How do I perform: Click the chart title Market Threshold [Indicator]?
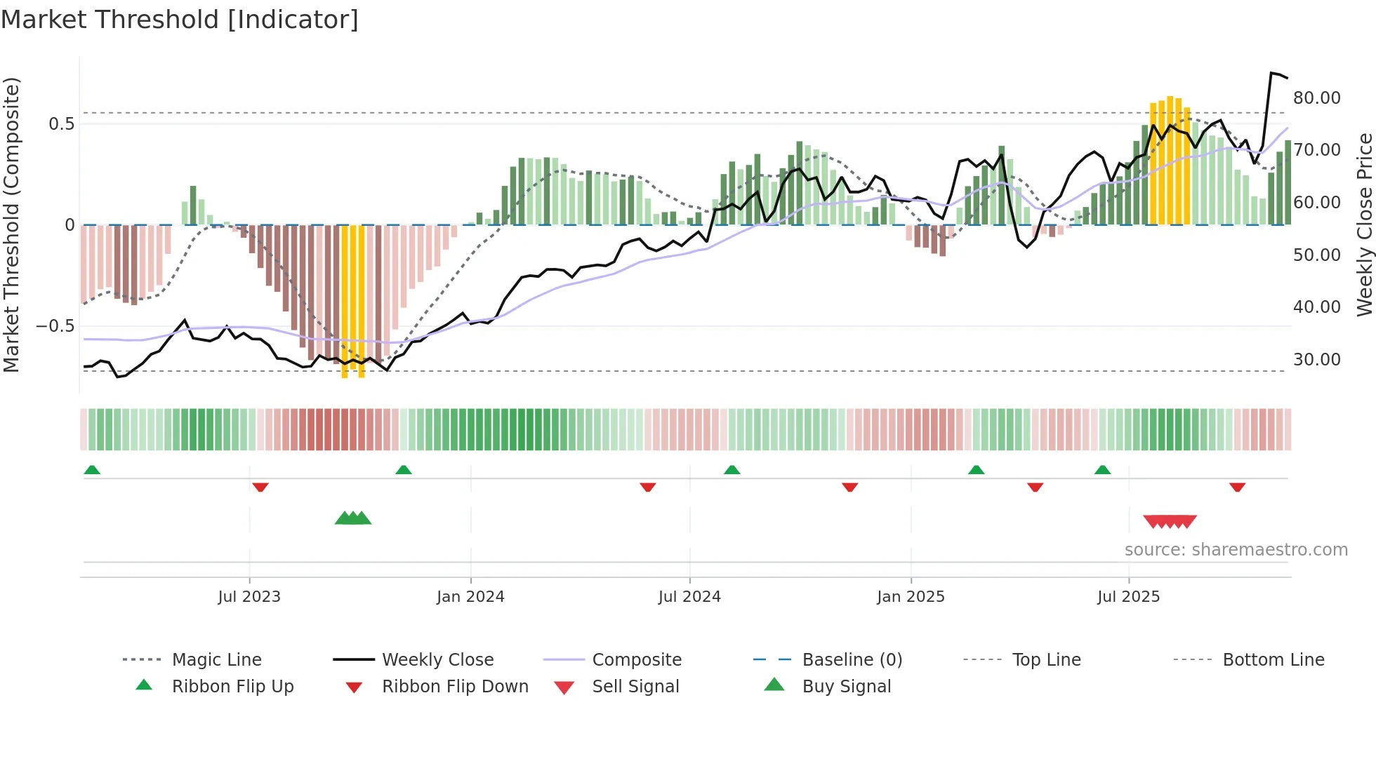click(180, 20)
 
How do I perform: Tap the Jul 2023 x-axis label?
click(249, 597)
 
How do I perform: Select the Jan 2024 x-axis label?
click(470, 597)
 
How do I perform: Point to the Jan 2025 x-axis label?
click(911, 597)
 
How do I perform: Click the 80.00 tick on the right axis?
click(1316, 98)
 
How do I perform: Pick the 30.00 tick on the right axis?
click(1316, 360)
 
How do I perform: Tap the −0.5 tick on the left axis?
click(55, 326)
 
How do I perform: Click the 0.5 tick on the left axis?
click(61, 124)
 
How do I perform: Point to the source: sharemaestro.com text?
click(1236, 550)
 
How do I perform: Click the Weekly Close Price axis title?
click(1364, 224)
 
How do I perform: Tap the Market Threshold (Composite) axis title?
click(11, 224)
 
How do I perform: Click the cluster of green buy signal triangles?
click(353, 518)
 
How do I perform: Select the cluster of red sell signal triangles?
click(1170, 521)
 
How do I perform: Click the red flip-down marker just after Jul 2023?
click(260, 487)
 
